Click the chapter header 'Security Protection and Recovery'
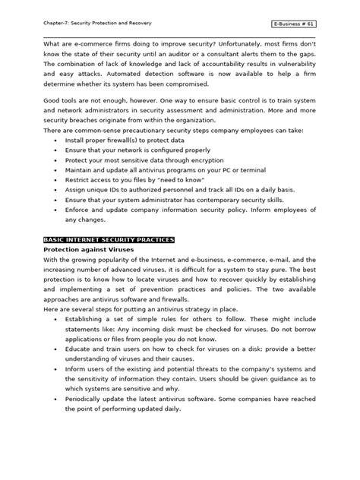coord(112,24)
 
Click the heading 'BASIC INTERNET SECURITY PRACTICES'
coord(109,238)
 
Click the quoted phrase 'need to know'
coord(176,183)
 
